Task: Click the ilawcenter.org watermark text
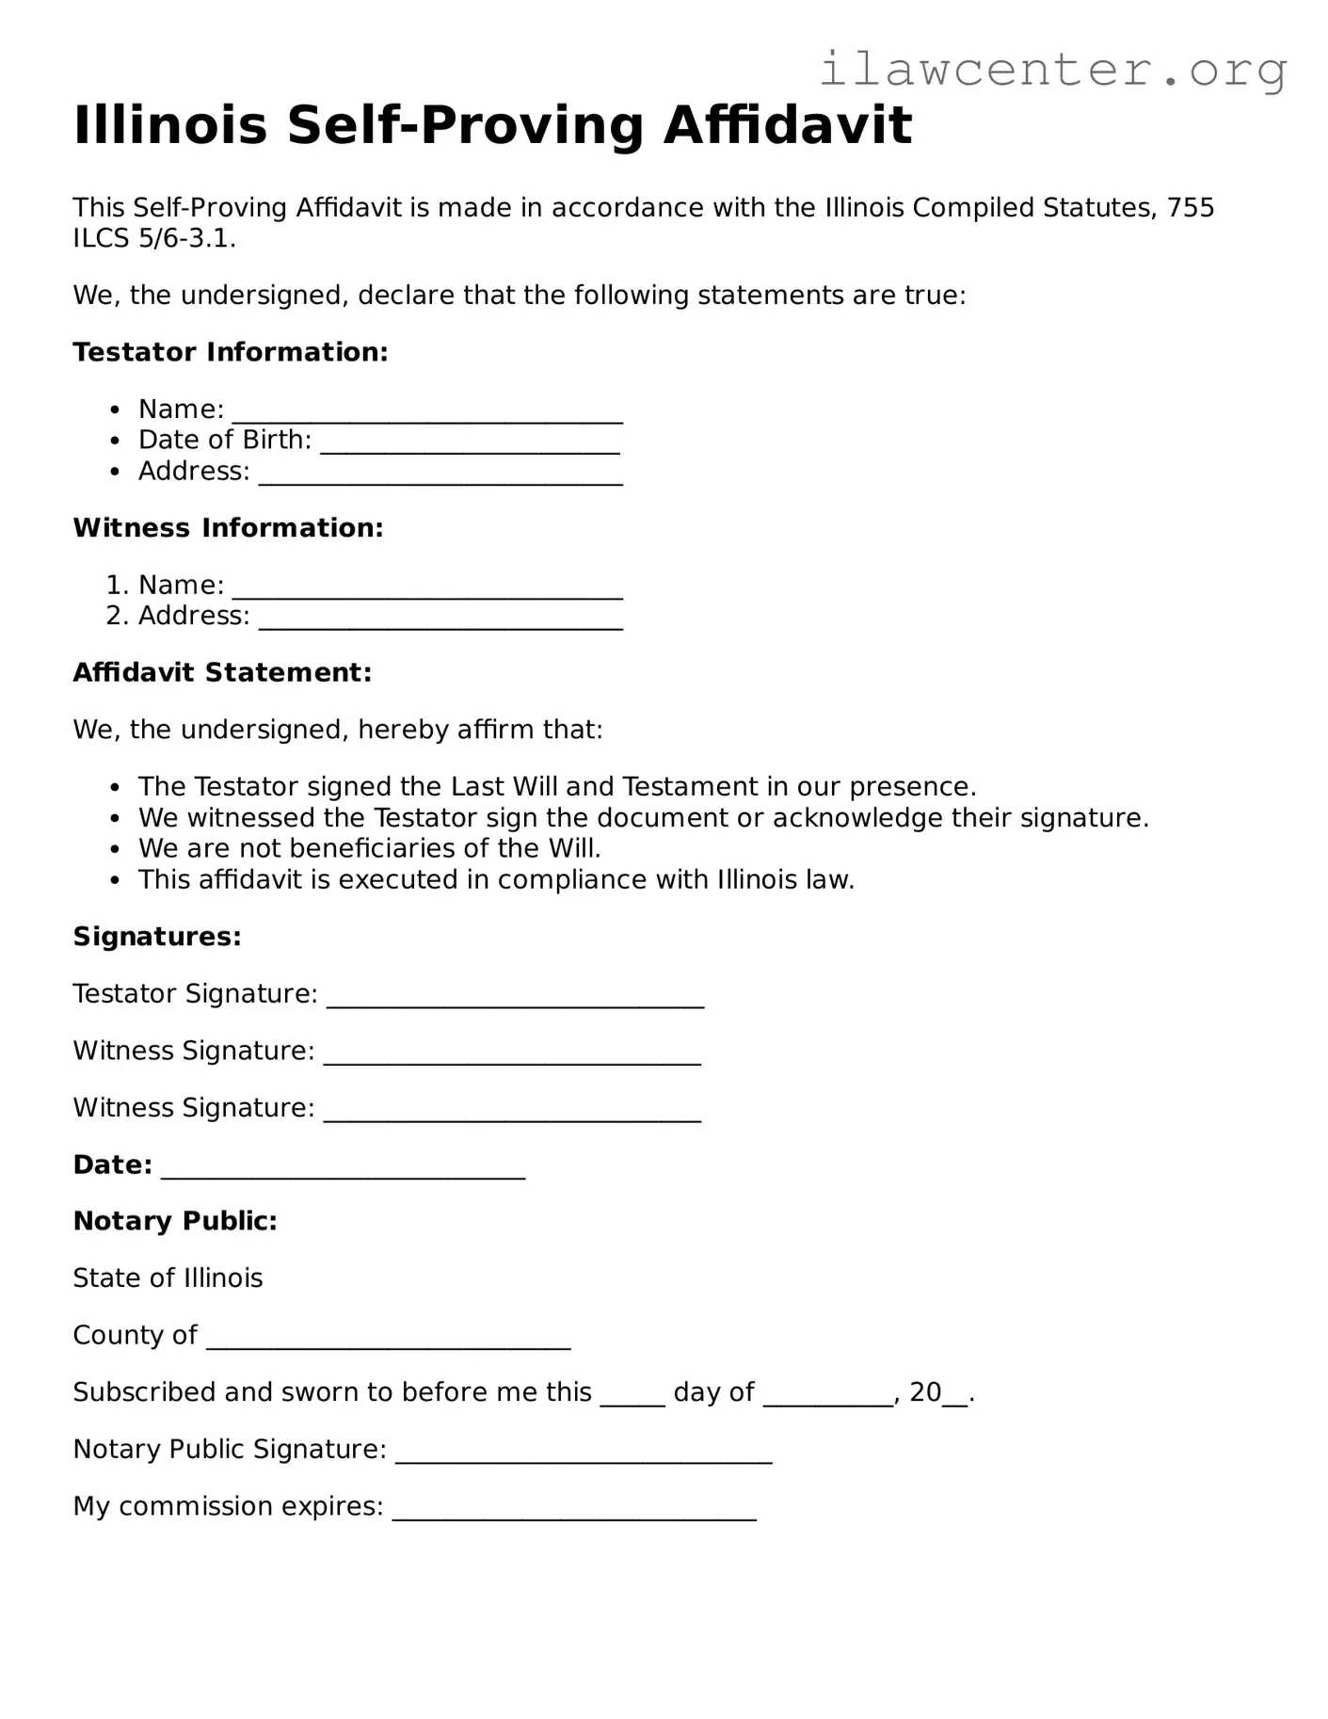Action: tap(1052, 70)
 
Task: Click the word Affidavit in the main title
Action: tap(788, 125)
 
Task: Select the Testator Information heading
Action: tap(231, 352)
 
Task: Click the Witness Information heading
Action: tap(228, 528)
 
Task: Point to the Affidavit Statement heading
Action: tap(222, 672)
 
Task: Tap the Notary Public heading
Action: tap(175, 1221)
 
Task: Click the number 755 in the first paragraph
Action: tap(1191, 207)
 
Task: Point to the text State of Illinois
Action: tap(168, 1278)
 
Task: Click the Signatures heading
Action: tap(157, 937)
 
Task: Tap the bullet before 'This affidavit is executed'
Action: tap(115, 881)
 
